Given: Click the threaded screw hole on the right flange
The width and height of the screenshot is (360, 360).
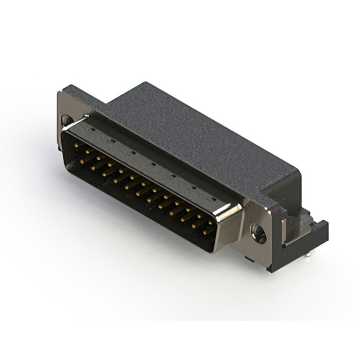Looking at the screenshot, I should point(259,232).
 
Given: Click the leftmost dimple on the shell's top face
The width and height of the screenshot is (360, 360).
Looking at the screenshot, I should point(92,128).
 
